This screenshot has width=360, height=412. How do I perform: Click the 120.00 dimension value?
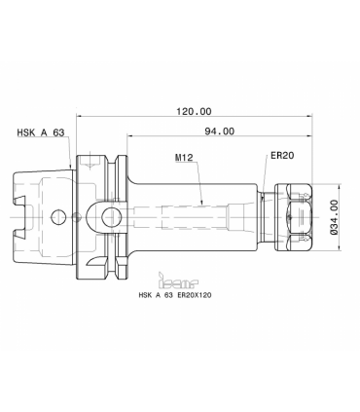[x=194, y=112]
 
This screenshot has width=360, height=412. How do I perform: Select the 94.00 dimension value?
[x=219, y=131]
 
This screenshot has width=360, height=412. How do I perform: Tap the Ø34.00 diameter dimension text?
[x=334, y=217]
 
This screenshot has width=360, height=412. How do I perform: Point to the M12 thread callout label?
[x=184, y=158]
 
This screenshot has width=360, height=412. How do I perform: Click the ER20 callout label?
[x=282, y=156]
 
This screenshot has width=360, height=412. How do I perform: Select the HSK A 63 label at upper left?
[x=41, y=132]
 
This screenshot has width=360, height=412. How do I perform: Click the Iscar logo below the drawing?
[x=178, y=281]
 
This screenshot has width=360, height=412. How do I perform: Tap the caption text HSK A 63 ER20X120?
[x=175, y=295]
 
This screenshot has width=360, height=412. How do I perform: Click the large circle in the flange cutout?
[x=111, y=217]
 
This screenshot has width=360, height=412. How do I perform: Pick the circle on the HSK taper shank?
[x=58, y=216]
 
